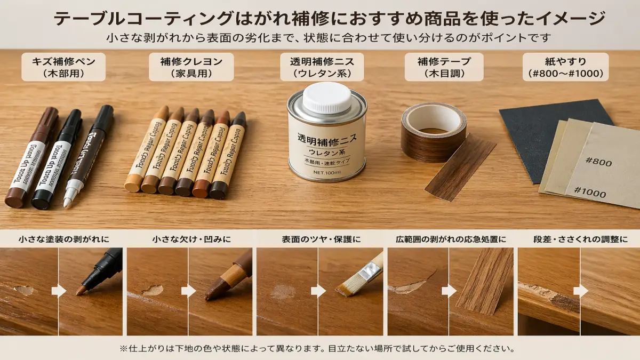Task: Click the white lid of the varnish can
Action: click(327, 97)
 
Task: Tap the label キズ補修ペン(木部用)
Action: click(63, 67)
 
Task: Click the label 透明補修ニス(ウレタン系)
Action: click(322, 67)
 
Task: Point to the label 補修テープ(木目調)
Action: click(444, 67)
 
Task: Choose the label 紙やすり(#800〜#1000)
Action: click(565, 67)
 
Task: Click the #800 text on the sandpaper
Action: click(598, 163)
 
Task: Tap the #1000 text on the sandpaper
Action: click(589, 192)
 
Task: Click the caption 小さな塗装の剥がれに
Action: click(63, 239)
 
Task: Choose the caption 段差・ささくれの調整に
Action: click(580, 239)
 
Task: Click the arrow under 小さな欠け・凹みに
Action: click(189, 291)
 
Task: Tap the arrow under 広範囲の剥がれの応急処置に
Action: click(449, 291)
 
